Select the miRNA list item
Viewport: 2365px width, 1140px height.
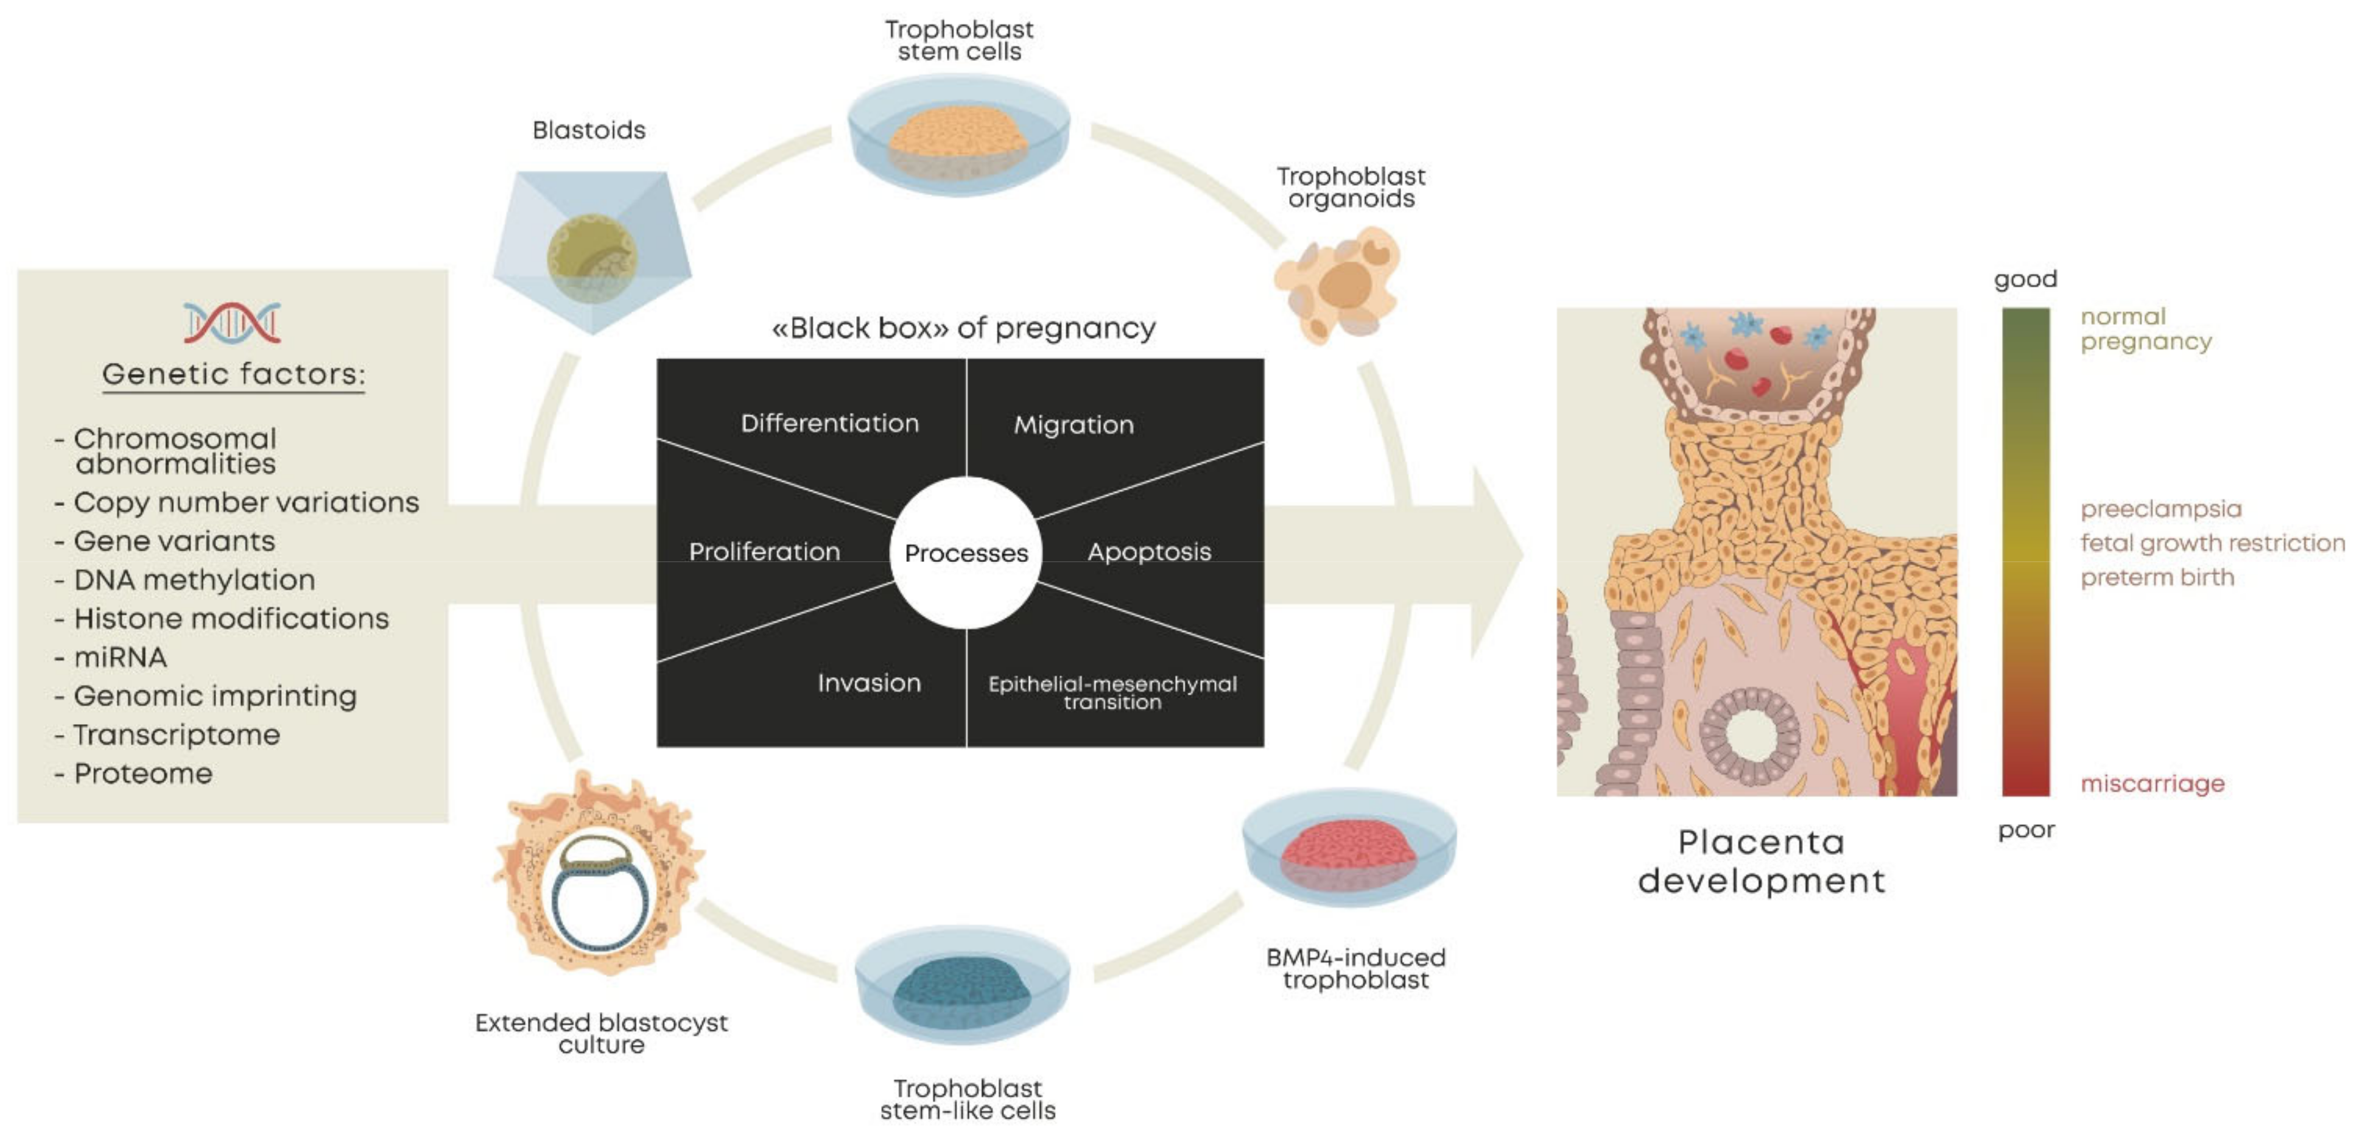coord(121,657)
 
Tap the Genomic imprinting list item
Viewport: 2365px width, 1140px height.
coord(215,695)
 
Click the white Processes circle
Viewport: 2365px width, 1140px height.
coord(966,552)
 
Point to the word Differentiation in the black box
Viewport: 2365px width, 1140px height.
coord(829,423)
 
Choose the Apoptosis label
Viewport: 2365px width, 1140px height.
coord(1148,552)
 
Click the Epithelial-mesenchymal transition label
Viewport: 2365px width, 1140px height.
coord(1112,693)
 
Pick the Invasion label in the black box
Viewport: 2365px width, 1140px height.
coord(868,683)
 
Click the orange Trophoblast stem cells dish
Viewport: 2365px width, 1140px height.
coord(958,138)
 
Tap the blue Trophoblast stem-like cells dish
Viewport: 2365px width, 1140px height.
coord(962,987)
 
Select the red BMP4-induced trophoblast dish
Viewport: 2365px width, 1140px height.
coord(1349,849)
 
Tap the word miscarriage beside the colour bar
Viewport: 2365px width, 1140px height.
coord(2152,784)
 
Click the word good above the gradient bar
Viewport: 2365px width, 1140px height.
coord(2025,279)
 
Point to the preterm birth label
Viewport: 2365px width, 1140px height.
coord(2157,577)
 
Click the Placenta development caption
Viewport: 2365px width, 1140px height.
coord(1761,862)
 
